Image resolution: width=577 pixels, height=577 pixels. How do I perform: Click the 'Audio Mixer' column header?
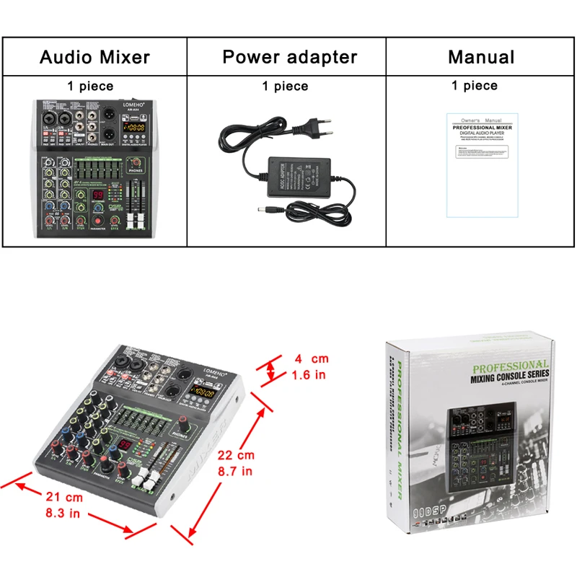(x=94, y=57)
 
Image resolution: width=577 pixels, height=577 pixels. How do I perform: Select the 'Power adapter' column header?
(x=289, y=57)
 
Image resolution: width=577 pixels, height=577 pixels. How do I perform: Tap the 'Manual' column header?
(x=481, y=57)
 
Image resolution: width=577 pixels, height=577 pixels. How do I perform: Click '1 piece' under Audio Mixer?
(x=90, y=86)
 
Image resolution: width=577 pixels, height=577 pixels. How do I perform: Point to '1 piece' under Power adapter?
(x=285, y=87)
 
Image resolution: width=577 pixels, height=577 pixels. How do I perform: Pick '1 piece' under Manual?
(x=475, y=86)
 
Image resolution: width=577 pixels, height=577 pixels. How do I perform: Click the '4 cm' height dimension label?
(x=309, y=359)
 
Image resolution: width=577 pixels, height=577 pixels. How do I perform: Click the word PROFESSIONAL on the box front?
(x=510, y=365)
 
